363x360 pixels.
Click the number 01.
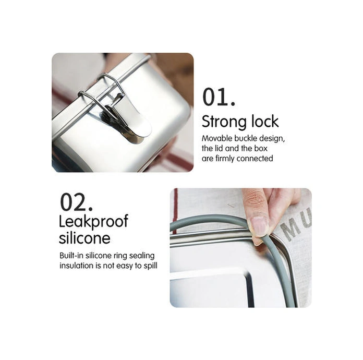coord(219,97)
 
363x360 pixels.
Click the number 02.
coord(76,202)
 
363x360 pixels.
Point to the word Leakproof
coord(93,222)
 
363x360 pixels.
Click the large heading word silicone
coord(84,238)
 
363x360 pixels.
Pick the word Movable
coord(217,138)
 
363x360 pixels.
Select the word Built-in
coord(71,256)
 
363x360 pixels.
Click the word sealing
coord(142,256)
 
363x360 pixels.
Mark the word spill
coord(150,266)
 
